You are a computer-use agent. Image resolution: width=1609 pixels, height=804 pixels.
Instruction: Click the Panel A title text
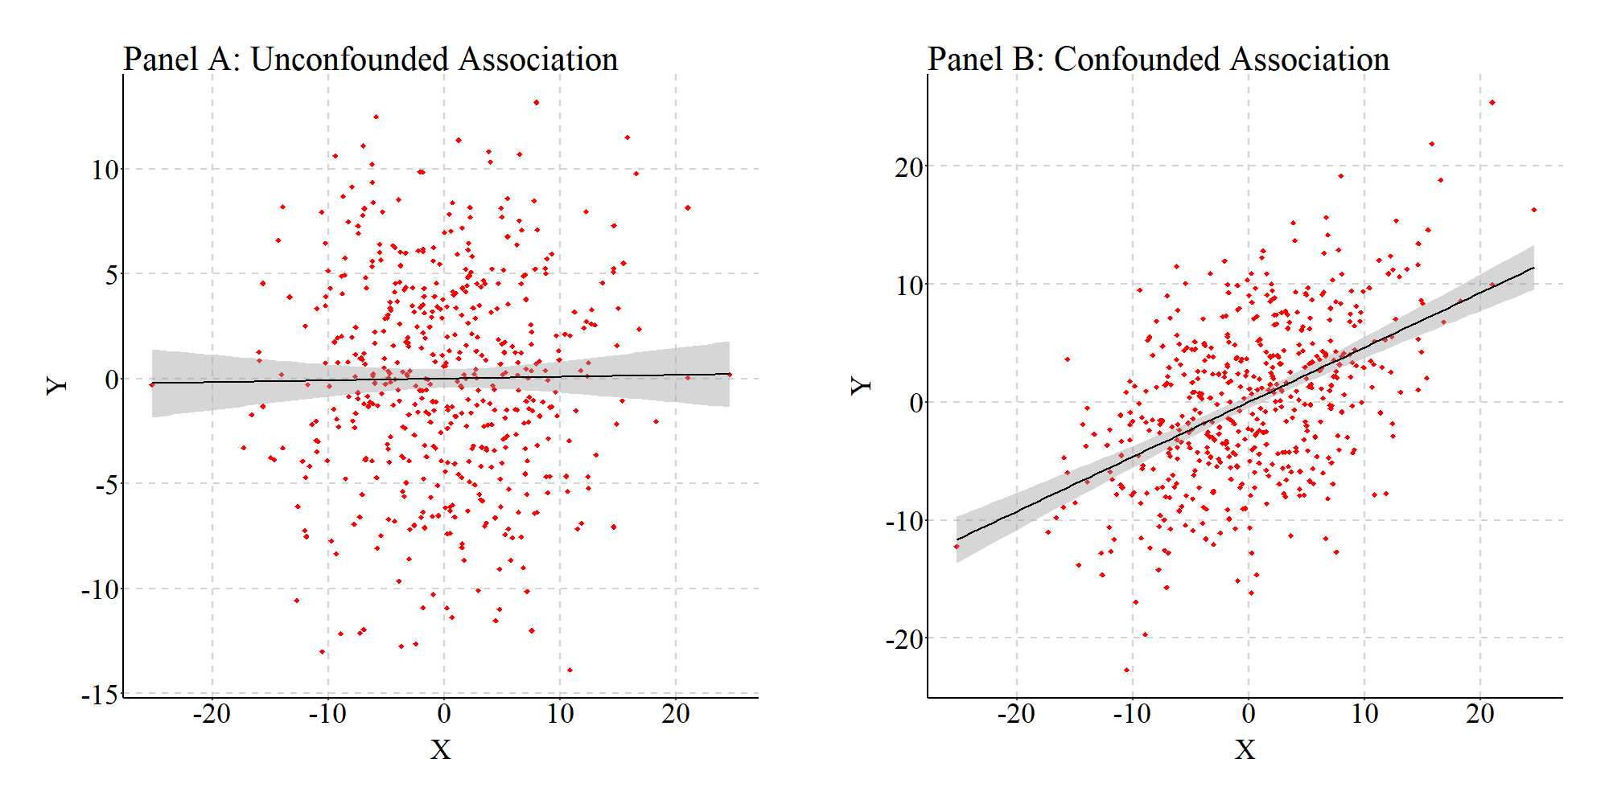coord(370,59)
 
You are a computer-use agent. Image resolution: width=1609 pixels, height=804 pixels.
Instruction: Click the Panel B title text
coord(1158,59)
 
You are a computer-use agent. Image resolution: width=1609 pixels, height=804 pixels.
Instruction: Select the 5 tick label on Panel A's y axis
coord(111,275)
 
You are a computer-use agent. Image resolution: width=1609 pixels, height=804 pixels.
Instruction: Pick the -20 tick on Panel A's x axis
coord(212,713)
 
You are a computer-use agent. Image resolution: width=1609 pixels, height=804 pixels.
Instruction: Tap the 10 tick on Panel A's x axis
coord(560,713)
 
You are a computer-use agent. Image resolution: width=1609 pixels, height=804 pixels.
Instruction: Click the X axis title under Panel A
coord(440,749)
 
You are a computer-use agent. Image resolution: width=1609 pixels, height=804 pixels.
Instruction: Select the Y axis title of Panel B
coord(861,385)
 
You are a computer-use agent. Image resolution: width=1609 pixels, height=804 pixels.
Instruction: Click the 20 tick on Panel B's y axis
coord(909,167)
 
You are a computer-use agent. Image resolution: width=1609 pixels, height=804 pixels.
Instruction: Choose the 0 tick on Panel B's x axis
coord(1248,713)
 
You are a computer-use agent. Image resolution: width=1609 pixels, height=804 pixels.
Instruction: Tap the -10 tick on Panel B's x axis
coord(1132,713)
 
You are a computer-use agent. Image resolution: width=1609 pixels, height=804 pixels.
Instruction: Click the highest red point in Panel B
coord(1492,102)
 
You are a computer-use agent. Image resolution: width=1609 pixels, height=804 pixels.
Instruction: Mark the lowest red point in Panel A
coord(570,670)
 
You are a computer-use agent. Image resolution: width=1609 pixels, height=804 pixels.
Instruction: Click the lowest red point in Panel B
coord(1126,670)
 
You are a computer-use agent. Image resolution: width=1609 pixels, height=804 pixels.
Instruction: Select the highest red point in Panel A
coord(536,102)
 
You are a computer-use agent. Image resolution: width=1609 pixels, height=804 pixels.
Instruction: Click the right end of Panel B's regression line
coord(1533,268)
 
